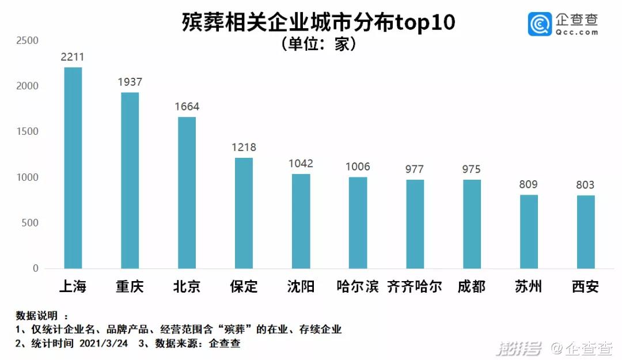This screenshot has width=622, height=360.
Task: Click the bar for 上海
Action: click(x=73, y=168)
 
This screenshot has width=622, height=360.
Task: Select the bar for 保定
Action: click(x=244, y=213)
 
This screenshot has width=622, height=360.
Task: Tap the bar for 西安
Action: click(x=586, y=232)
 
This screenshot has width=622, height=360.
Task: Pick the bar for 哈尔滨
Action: click(x=358, y=223)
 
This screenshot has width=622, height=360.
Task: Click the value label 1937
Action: click(x=130, y=82)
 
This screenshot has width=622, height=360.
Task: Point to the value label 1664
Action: click(x=187, y=107)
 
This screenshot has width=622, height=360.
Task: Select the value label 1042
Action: click(x=301, y=164)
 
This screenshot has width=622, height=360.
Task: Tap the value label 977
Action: click(x=415, y=169)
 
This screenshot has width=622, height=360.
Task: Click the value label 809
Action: click(x=528, y=185)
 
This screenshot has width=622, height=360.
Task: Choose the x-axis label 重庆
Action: click(x=130, y=286)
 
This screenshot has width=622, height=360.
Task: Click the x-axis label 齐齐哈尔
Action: click(x=415, y=286)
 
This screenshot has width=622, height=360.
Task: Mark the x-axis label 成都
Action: click(x=472, y=286)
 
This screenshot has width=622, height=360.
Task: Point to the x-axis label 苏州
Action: click(x=528, y=286)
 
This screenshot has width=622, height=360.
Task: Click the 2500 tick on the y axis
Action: click(x=28, y=40)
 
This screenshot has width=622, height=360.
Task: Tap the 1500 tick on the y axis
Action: click(x=28, y=131)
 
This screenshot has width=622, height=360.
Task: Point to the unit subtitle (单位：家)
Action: click(x=318, y=44)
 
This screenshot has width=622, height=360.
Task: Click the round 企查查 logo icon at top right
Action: click(x=540, y=24)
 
